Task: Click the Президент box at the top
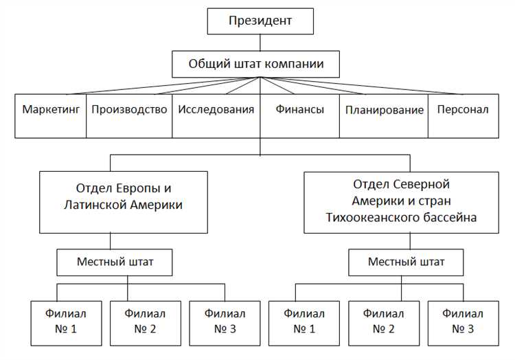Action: (260, 21)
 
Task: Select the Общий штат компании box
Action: (256, 65)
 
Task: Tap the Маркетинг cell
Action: (51, 110)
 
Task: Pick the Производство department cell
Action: (129, 110)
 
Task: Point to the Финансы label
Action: (300, 110)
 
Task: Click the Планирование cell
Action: (384, 111)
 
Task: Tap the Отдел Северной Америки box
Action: (400, 201)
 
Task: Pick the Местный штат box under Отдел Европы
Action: (115, 262)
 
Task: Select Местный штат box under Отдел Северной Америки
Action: (406, 262)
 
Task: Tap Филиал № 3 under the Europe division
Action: (220, 321)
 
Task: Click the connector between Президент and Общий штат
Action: (260, 43)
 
